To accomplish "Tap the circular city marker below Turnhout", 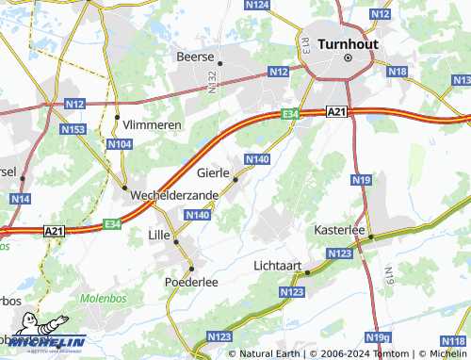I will pyautogui.click(x=347, y=58).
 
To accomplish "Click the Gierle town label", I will pyautogui.click(x=215, y=173).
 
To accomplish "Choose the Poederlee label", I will pyautogui.click(x=192, y=282).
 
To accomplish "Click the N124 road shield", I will pyautogui.click(x=257, y=6).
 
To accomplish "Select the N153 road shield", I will pyautogui.click(x=73, y=128).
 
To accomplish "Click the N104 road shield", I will pyautogui.click(x=119, y=144).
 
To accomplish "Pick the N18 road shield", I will pyautogui.click(x=397, y=72).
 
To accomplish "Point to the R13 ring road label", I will pyautogui.click(x=306, y=44).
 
